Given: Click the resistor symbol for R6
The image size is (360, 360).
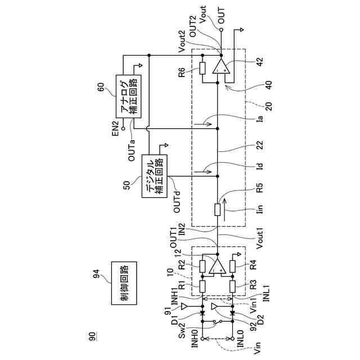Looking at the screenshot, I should point(202,68).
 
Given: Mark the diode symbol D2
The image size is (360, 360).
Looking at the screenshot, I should point(232,310).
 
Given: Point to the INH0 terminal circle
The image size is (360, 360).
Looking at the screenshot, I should point(202,339).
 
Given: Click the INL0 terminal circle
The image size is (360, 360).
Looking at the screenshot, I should point(232,339).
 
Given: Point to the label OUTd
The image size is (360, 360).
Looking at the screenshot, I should point(177,201).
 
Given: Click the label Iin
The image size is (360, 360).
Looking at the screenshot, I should point(259,209).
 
